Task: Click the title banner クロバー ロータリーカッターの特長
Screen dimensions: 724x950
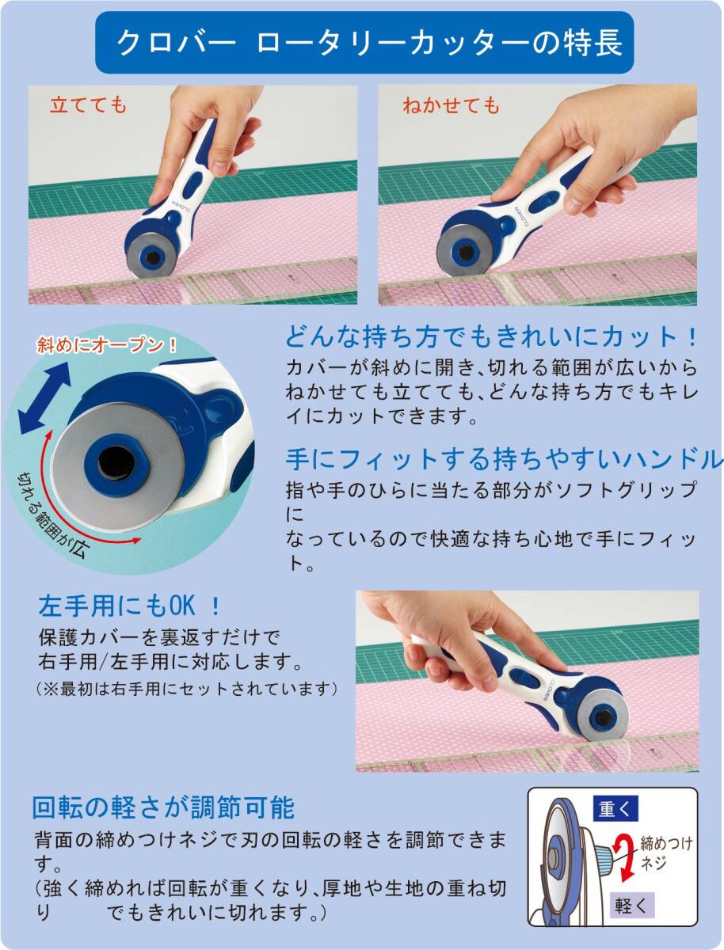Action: (364, 43)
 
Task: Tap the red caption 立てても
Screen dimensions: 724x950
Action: (89, 105)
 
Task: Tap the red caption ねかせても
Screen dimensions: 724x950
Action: (452, 105)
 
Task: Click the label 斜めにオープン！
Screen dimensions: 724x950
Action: (106, 345)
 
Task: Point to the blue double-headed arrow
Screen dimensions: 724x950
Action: (45, 397)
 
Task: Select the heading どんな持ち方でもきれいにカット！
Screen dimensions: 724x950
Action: (491, 337)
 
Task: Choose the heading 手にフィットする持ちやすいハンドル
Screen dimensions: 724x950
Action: (505, 459)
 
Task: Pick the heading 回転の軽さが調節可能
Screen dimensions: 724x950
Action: (164, 807)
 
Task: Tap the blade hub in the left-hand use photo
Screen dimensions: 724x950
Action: (603, 717)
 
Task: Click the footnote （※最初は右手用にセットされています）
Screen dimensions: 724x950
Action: (187, 688)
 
